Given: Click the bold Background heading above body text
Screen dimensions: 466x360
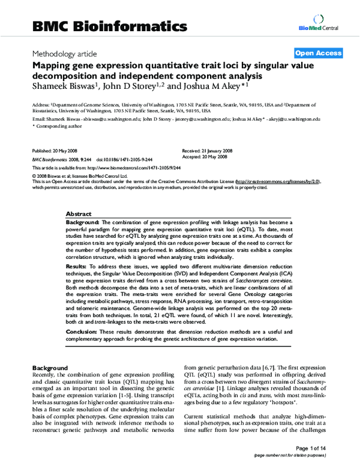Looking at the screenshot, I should point(51,368).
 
